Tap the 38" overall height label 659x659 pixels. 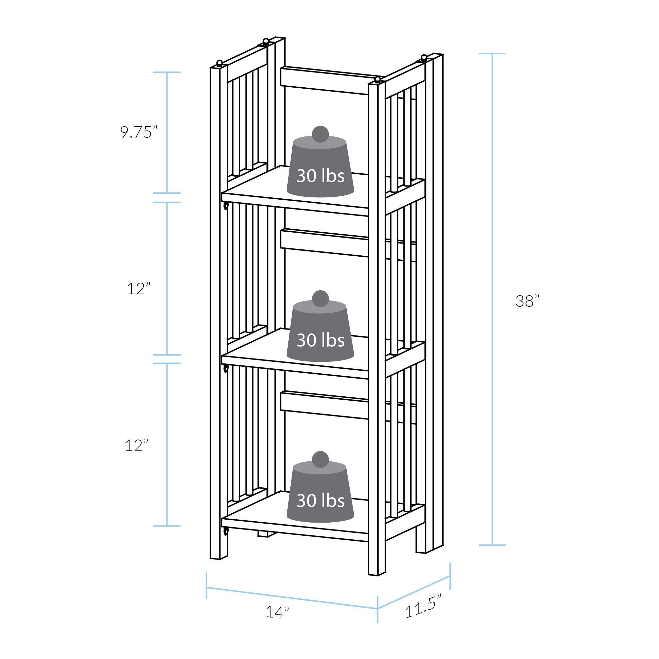(527, 301)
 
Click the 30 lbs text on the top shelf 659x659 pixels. (320, 176)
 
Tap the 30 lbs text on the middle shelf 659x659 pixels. (320, 340)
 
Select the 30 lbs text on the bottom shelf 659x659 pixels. (320, 501)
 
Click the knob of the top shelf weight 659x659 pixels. (320, 134)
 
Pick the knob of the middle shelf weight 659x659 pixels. (320, 299)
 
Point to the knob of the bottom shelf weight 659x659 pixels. (320, 459)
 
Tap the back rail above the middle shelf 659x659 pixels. (324, 243)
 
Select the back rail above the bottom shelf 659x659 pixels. (324, 405)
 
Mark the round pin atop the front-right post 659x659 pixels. (377, 80)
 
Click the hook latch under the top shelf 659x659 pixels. (225, 206)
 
